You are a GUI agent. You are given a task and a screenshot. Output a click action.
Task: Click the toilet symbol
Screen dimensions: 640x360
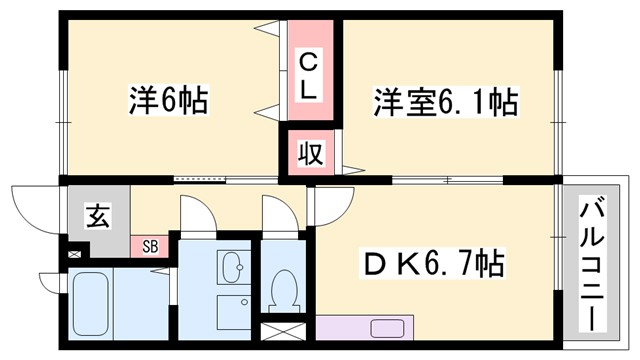[284, 290]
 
